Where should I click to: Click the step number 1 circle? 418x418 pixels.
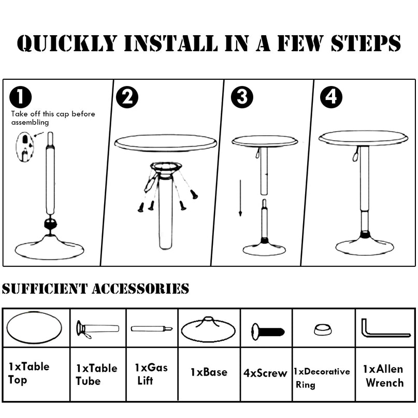pyautogui.click(x=21, y=97)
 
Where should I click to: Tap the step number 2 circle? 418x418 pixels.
pyautogui.click(x=127, y=97)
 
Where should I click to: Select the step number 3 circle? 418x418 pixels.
pyautogui.click(x=242, y=97)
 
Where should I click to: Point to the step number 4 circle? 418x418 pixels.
pyautogui.click(x=331, y=97)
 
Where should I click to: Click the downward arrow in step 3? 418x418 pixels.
pyautogui.click(x=240, y=198)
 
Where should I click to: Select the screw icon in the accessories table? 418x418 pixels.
pyautogui.click(x=268, y=332)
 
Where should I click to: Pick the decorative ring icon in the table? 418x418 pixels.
pyautogui.click(x=323, y=329)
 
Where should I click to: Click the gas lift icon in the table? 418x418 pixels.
pyautogui.click(x=151, y=328)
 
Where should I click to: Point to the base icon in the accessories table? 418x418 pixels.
pyautogui.click(x=208, y=330)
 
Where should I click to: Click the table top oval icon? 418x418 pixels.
pyautogui.click(x=34, y=328)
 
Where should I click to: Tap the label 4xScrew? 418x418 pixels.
pyautogui.click(x=265, y=373)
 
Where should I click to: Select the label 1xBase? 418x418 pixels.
pyautogui.click(x=209, y=372)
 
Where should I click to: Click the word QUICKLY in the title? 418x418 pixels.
pyautogui.click(x=67, y=43)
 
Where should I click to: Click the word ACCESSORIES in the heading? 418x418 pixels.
pyautogui.click(x=140, y=289)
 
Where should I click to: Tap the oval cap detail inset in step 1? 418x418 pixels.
pyautogui.click(x=25, y=147)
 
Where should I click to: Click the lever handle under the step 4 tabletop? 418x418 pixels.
pyautogui.click(x=356, y=155)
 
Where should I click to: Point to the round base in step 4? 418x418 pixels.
pyautogui.click(x=365, y=247)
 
